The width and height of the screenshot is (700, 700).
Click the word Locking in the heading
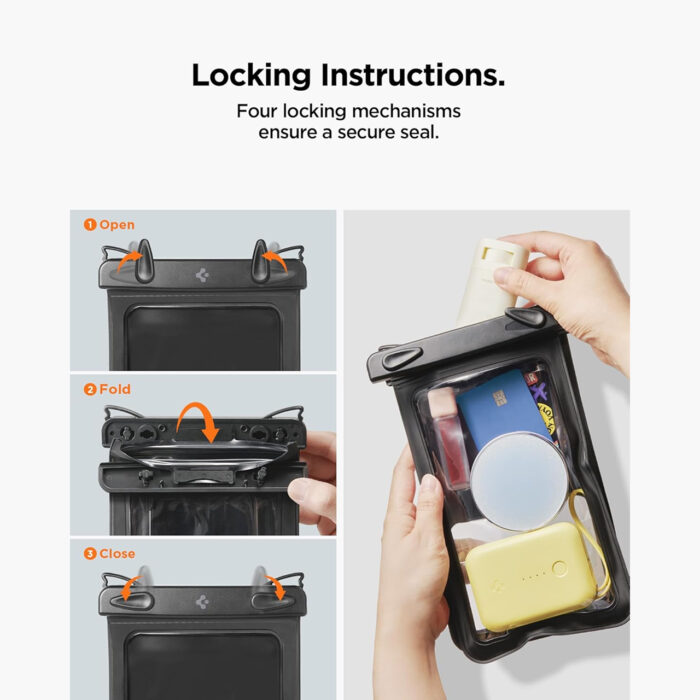coord(251,75)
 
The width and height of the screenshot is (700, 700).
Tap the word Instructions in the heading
coord(413,75)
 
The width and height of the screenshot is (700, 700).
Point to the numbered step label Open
coord(109,225)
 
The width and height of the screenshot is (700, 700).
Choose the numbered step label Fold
coord(107,389)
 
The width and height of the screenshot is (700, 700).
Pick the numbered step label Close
coord(109,554)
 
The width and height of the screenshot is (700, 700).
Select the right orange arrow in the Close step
coord(276,586)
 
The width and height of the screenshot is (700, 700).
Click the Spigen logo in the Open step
coord(202,275)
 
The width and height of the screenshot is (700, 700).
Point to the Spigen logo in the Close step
coord(202,602)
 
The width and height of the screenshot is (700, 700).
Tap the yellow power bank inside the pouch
coord(531,576)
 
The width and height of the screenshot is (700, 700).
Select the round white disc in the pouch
coord(519,481)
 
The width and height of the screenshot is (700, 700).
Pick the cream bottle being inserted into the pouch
coord(491,281)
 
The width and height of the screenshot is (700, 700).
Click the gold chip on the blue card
coord(499,398)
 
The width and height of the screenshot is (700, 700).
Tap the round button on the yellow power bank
coord(559,568)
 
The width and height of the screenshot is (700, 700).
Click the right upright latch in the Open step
coord(260,261)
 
